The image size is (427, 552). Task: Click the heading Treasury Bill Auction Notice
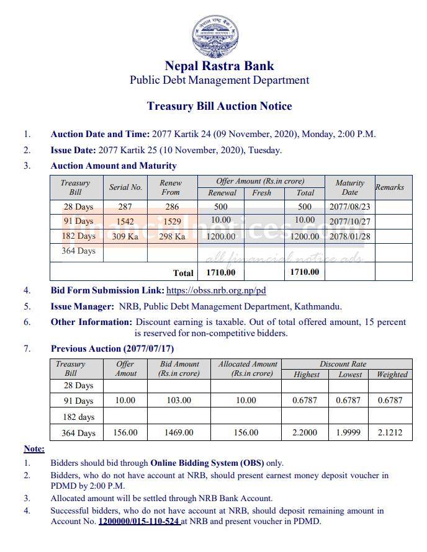click(x=219, y=106)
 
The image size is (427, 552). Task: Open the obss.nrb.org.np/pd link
click(x=216, y=290)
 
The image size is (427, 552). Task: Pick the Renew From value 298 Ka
click(x=171, y=236)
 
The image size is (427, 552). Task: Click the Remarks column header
click(x=389, y=187)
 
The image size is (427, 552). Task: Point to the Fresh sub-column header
click(x=261, y=193)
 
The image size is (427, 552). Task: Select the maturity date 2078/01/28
click(x=349, y=236)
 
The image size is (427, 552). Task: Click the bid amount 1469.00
click(x=179, y=432)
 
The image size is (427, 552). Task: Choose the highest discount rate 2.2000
click(x=305, y=432)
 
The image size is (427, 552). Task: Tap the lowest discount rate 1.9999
click(x=348, y=432)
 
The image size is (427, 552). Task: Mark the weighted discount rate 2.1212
click(x=390, y=432)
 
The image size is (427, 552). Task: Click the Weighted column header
click(x=392, y=375)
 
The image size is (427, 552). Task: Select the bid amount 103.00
click(x=179, y=401)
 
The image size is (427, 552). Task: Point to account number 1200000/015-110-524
click(x=139, y=522)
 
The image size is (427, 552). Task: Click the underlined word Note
click(x=34, y=448)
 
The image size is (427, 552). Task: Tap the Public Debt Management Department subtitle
click(x=219, y=80)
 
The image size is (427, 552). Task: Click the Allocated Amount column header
click(x=246, y=368)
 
